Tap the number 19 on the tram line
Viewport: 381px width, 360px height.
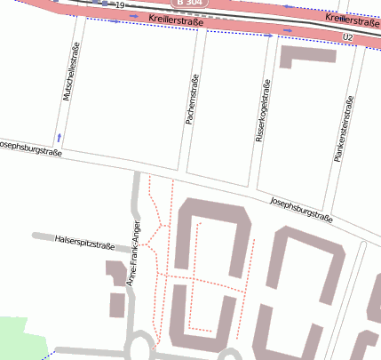120,5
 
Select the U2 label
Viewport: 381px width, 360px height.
347,36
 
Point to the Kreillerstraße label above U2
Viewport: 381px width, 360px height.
353,19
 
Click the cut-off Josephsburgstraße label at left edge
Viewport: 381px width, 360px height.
31,148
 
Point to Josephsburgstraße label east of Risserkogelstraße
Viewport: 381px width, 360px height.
301,209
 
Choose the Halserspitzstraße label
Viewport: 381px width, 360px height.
85,240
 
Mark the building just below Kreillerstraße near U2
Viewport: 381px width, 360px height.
307,56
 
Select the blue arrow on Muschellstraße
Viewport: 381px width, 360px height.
60,137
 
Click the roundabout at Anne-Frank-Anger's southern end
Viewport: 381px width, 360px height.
140,346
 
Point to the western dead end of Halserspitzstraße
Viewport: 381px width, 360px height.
34,236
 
